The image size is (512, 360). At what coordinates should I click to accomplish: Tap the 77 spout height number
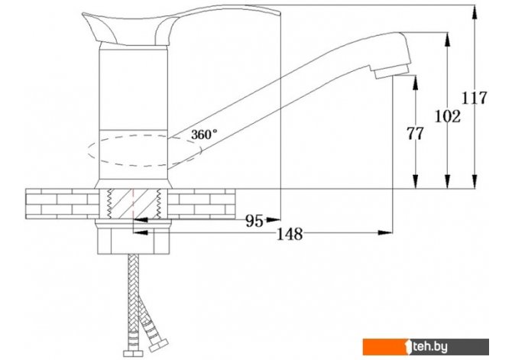tap(415, 134)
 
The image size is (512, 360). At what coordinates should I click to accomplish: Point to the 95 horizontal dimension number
tap(254, 221)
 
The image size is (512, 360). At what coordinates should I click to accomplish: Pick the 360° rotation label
tap(204, 133)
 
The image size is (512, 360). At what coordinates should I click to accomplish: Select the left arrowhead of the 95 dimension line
tap(138, 221)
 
